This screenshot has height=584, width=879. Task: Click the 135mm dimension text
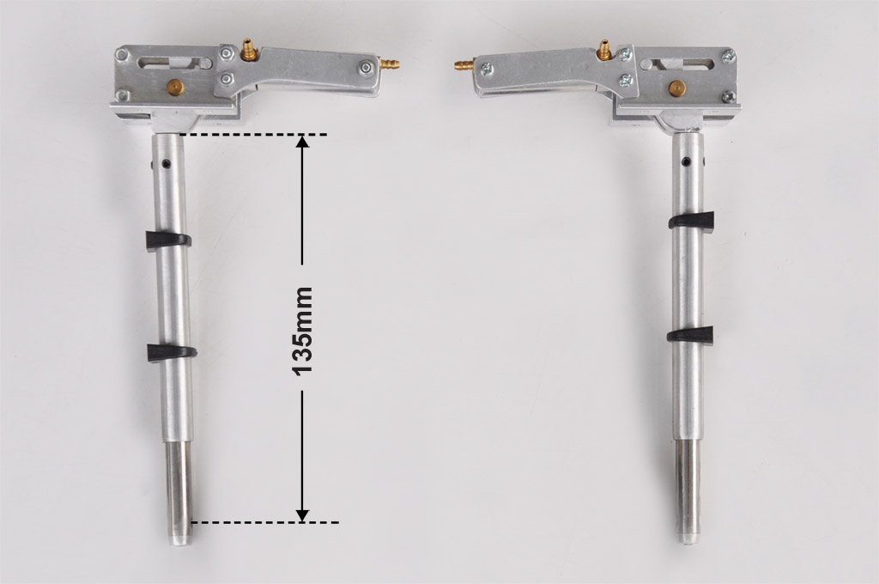pyautogui.click(x=302, y=331)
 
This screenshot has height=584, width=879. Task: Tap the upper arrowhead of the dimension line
pyautogui.click(x=302, y=141)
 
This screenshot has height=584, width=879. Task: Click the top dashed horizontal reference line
pyautogui.click(x=253, y=135)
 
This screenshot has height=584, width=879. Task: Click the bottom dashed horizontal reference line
pyautogui.click(x=264, y=523)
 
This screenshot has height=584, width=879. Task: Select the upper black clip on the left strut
pyautogui.click(x=168, y=240)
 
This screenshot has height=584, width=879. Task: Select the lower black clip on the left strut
pyautogui.click(x=172, y=352)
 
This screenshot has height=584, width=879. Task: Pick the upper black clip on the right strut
pyautogui.click(x=691, y=221)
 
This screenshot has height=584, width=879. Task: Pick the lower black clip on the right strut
pyautogui.click(x=690, y=335)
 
